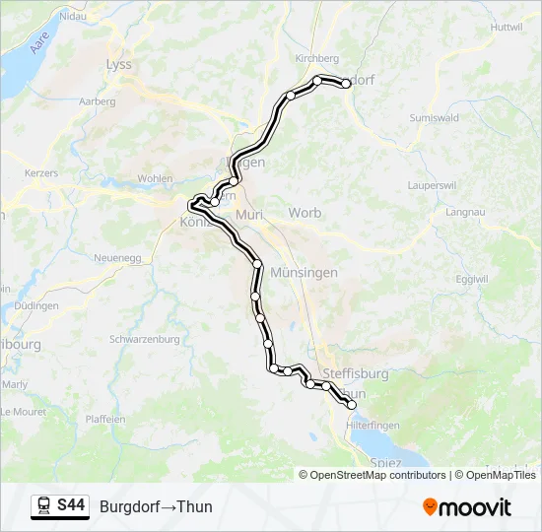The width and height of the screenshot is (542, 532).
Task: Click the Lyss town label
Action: coord(118,64)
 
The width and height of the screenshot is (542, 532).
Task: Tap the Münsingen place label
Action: coord(305,272)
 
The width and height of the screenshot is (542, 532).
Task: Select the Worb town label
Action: coord(305,213)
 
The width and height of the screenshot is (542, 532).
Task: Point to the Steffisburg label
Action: coord(355,374)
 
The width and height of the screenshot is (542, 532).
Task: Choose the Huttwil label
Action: coord(505,27)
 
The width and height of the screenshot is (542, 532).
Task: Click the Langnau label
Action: coord(465,212)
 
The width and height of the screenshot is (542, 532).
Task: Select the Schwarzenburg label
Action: coord(145,339)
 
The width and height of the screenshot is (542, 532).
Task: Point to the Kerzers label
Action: coord(41,173)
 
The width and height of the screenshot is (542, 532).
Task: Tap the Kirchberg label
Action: coord(316,58)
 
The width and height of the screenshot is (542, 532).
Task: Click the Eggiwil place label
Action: coord(472,279)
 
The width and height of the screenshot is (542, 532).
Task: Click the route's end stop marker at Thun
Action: coord(351,404)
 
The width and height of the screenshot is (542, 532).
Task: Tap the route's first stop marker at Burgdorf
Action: coord(346,84)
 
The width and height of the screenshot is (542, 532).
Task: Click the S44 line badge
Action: coord(71,506)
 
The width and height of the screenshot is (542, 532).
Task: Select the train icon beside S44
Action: coord(44,506)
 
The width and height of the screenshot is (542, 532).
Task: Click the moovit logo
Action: coord(467,507)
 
